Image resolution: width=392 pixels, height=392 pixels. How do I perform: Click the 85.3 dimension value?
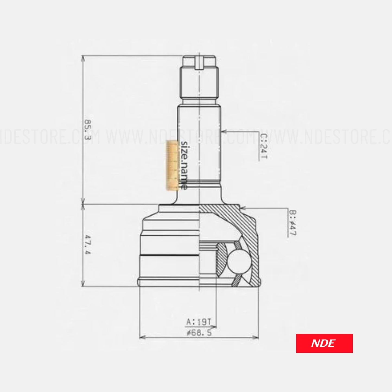pos(87,129)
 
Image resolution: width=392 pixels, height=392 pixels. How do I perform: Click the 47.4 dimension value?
pos(87,244)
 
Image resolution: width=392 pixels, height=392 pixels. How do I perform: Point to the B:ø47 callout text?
pos(292,223)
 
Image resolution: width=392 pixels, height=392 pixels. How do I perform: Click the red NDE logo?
pos(324,343)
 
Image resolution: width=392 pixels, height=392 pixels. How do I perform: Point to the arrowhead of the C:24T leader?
pos(223,132)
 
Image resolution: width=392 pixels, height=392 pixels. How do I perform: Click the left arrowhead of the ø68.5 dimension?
pos(141,337)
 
